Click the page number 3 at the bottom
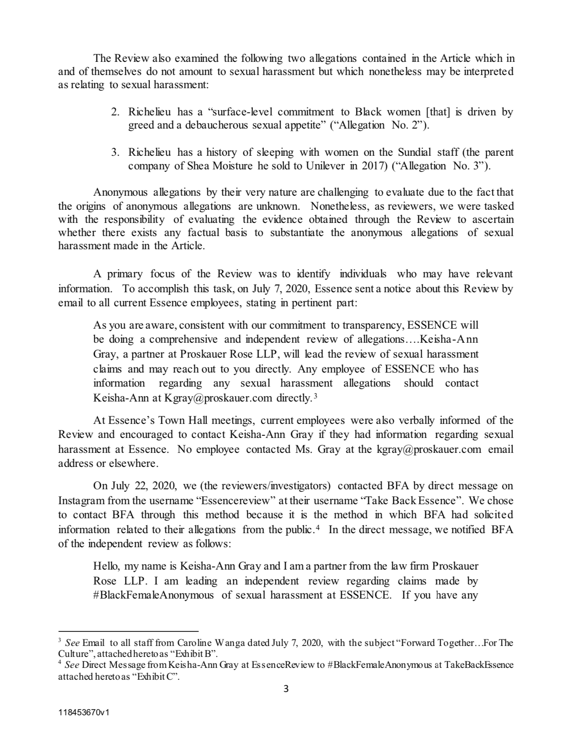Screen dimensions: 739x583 (286, 689)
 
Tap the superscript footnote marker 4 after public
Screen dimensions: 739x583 (317, 527)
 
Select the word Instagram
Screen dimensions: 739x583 (82, 500)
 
